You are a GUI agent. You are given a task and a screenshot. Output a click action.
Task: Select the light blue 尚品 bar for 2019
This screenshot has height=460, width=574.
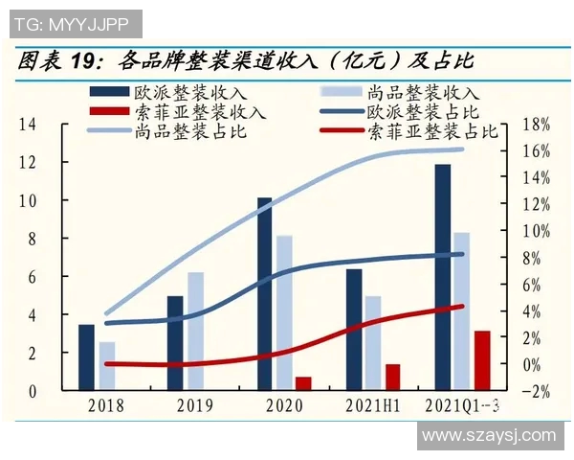tap(195, 332)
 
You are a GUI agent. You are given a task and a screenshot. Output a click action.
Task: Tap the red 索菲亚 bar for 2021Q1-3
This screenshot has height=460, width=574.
tap(482, 360)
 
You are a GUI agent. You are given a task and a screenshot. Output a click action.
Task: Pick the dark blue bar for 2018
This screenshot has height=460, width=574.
tap(86, 357)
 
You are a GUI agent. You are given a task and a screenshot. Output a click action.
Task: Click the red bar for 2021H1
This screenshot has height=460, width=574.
tap(392, 378)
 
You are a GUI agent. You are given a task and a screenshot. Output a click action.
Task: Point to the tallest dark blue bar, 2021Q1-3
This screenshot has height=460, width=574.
tap(442, 278)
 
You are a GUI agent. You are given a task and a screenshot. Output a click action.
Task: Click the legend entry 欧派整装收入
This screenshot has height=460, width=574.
tap(168, 93)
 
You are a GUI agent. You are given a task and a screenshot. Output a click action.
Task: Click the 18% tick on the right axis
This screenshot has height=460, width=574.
tap(539, 125)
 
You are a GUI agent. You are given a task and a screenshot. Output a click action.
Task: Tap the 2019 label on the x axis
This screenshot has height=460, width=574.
tap(194, 405)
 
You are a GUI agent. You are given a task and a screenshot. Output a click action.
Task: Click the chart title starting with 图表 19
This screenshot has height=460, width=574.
tap(245, 62)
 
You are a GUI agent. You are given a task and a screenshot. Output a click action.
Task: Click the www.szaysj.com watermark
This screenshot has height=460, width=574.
tap(488, 436)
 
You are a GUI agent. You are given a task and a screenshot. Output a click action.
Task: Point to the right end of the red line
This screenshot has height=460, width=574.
tap(462, 307)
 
